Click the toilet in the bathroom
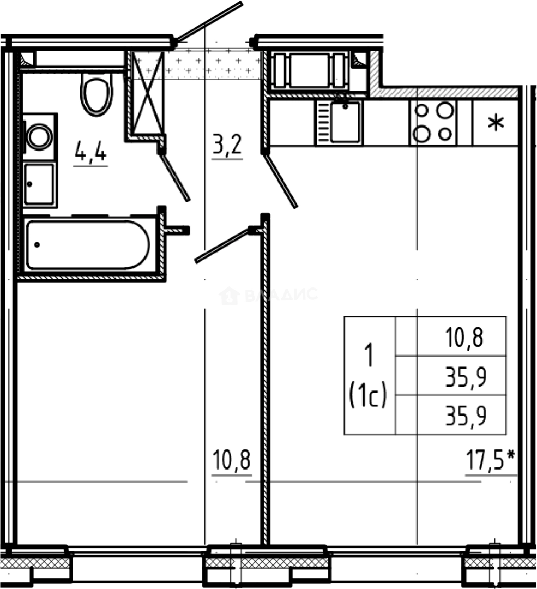[x=96, y=93]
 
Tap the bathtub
[x=87, y=245]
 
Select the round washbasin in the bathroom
[x=39, y=136]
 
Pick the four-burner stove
[x=434, y=123]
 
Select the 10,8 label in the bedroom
[x=231, y=462]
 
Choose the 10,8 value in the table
[x=465, y=338]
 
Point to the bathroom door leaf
[x=175, y=177]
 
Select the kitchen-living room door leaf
[x=280, y=182]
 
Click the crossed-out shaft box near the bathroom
[x=148, y=93]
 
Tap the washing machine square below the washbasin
[x=39, y=184]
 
